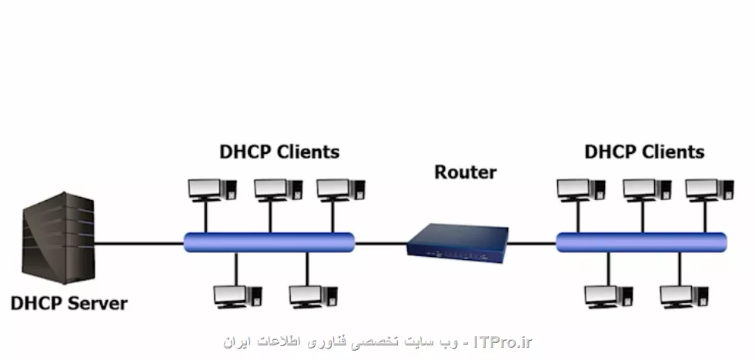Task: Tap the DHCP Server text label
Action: coord(69,303)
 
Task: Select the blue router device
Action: coord(458,239)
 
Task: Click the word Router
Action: coord(466,172)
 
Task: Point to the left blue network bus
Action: coord(269,242)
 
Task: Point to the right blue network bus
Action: coord(641,242)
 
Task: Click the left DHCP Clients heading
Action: coord(279,152)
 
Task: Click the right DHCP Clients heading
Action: coord(644,152)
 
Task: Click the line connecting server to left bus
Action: coord(139,243)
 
